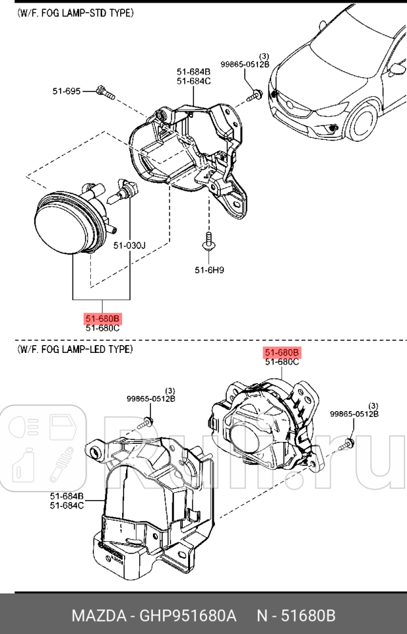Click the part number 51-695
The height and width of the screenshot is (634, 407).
[x=67, y=91]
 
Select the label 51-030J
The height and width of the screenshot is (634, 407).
[x=129, y=246]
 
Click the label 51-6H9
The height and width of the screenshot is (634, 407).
[x=209, y=269]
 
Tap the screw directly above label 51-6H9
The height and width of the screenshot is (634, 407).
[x=209, y=241]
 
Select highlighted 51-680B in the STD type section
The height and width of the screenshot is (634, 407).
[x=103, y=319]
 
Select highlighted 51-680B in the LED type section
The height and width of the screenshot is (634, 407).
[x=282, y=352]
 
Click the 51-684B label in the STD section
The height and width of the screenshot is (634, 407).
[x=193, y=71]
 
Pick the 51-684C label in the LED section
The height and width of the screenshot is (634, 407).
[x=67, y=505]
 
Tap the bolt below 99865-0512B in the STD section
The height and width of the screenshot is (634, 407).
[x=255, y=96]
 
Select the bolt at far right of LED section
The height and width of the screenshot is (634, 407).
[x=348, y=444]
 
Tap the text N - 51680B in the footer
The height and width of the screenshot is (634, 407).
[x=296, y=616]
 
